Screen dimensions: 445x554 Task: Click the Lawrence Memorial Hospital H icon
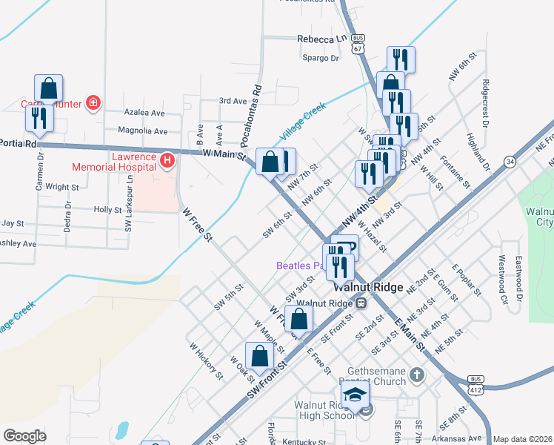point(168,159)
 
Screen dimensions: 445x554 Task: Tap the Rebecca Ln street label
point(321,39)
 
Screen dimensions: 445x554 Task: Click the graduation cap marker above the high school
point(355,394)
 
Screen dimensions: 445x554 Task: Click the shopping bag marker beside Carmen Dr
point(48,88)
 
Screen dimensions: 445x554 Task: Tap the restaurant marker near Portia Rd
point(39,117)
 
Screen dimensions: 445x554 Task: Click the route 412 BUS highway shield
point(475,386)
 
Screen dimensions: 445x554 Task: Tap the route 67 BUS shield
point(358,44)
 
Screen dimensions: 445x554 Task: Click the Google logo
point(24,436)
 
